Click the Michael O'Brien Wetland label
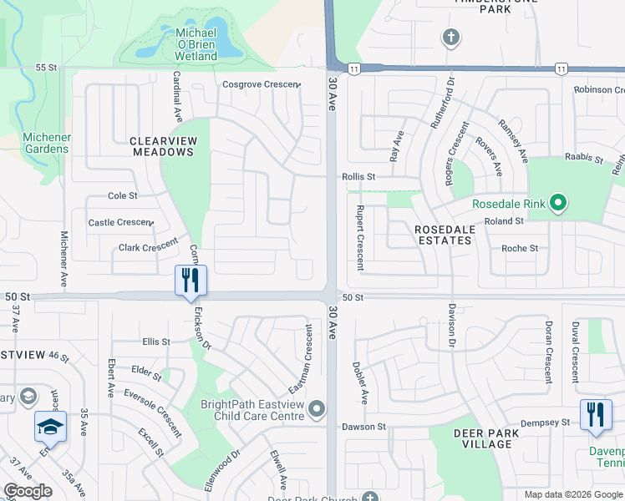(x=196, y=44)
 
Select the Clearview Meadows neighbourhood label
(x=162, y=146)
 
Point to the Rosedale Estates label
(x=443, y=234)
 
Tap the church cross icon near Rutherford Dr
(x=450, y=38)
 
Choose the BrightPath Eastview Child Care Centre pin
(x=316, y=409)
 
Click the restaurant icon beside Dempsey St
(x=595, y=414)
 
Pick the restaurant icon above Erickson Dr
(x=191, y=280)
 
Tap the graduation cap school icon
(x=50, y=427)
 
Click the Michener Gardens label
(x=46, y=143)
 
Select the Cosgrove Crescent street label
(x=261, y=84)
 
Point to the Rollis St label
(x=358, y=177)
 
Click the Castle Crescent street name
(x=120, y=223)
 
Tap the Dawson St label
(x=363, y=427)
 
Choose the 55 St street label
(x=46, y=67)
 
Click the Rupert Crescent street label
(x=361, y=238)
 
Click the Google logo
(x=28, y=491)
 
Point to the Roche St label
(x=519, y=248)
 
